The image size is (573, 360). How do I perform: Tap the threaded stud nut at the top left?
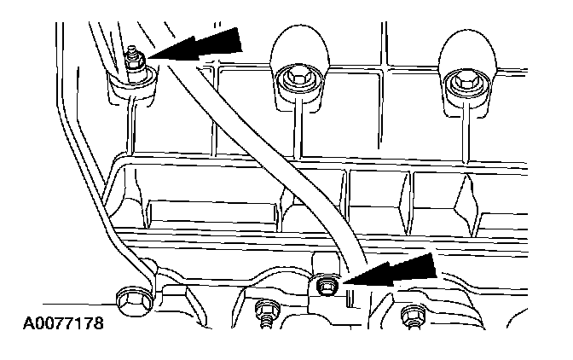click(133, 61)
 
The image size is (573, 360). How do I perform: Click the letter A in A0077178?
click(18, 325)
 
